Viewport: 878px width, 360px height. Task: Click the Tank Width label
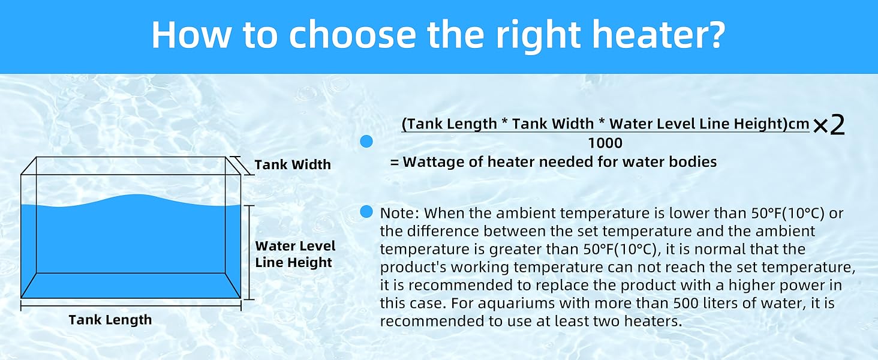point(293,164)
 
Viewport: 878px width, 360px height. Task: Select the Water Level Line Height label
point(295,254)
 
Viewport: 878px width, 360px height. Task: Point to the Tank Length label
point(110,320)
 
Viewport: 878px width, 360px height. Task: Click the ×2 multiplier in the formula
point(829,125)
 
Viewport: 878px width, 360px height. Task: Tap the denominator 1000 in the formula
point(605,143)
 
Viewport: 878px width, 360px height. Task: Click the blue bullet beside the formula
point(366,142)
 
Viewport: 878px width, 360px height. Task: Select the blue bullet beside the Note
point(366,212)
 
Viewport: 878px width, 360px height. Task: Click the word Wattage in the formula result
point(431,161)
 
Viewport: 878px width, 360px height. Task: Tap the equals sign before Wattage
point(395,162)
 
